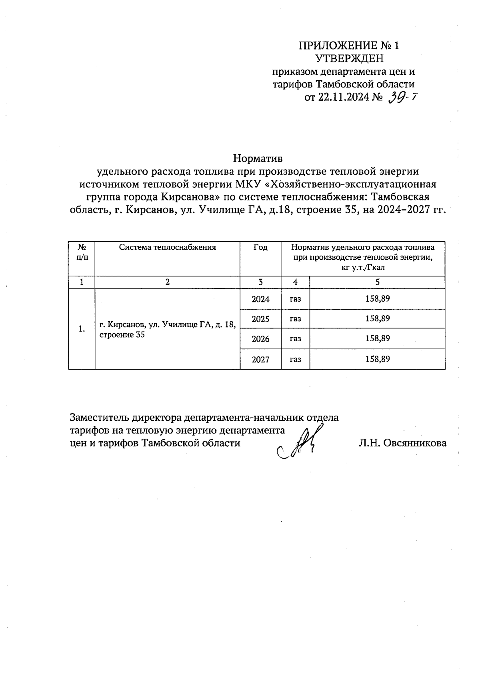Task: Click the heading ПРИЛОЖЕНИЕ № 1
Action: pyautogui.click(x=349, y=46)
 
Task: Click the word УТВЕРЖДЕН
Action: pyautogui.click(x=349, y=59)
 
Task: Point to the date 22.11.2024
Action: pyautogui.click(x=343, y=97)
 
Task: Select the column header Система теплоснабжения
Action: pyautogui.click(x=167, y=247)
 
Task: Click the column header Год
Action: pyautogui.click(x=260, y=247)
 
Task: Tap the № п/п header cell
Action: pyautogui.click(x=82, y=252)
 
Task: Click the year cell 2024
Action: pyautogui.click(x=260, y=299)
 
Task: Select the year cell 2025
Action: pyautogui.click(x=260, y=319)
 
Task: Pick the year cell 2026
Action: pyautogui.click(x=260, y=339)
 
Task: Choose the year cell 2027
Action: pyautogui.click(x=260, y=359)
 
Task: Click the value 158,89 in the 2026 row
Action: pyautogui.click(x=377, y=338)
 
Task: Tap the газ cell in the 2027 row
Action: pyautogui.click(x=295, y=359)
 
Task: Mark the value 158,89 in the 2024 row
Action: pyautogui.click(x=377, y=298)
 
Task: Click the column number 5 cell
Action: pyautogui.click(x=377, y=282)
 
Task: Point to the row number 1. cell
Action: pyautogui.click(x=82, y=329)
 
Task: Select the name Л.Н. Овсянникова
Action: pyautogui.click(x=402, y=443)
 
